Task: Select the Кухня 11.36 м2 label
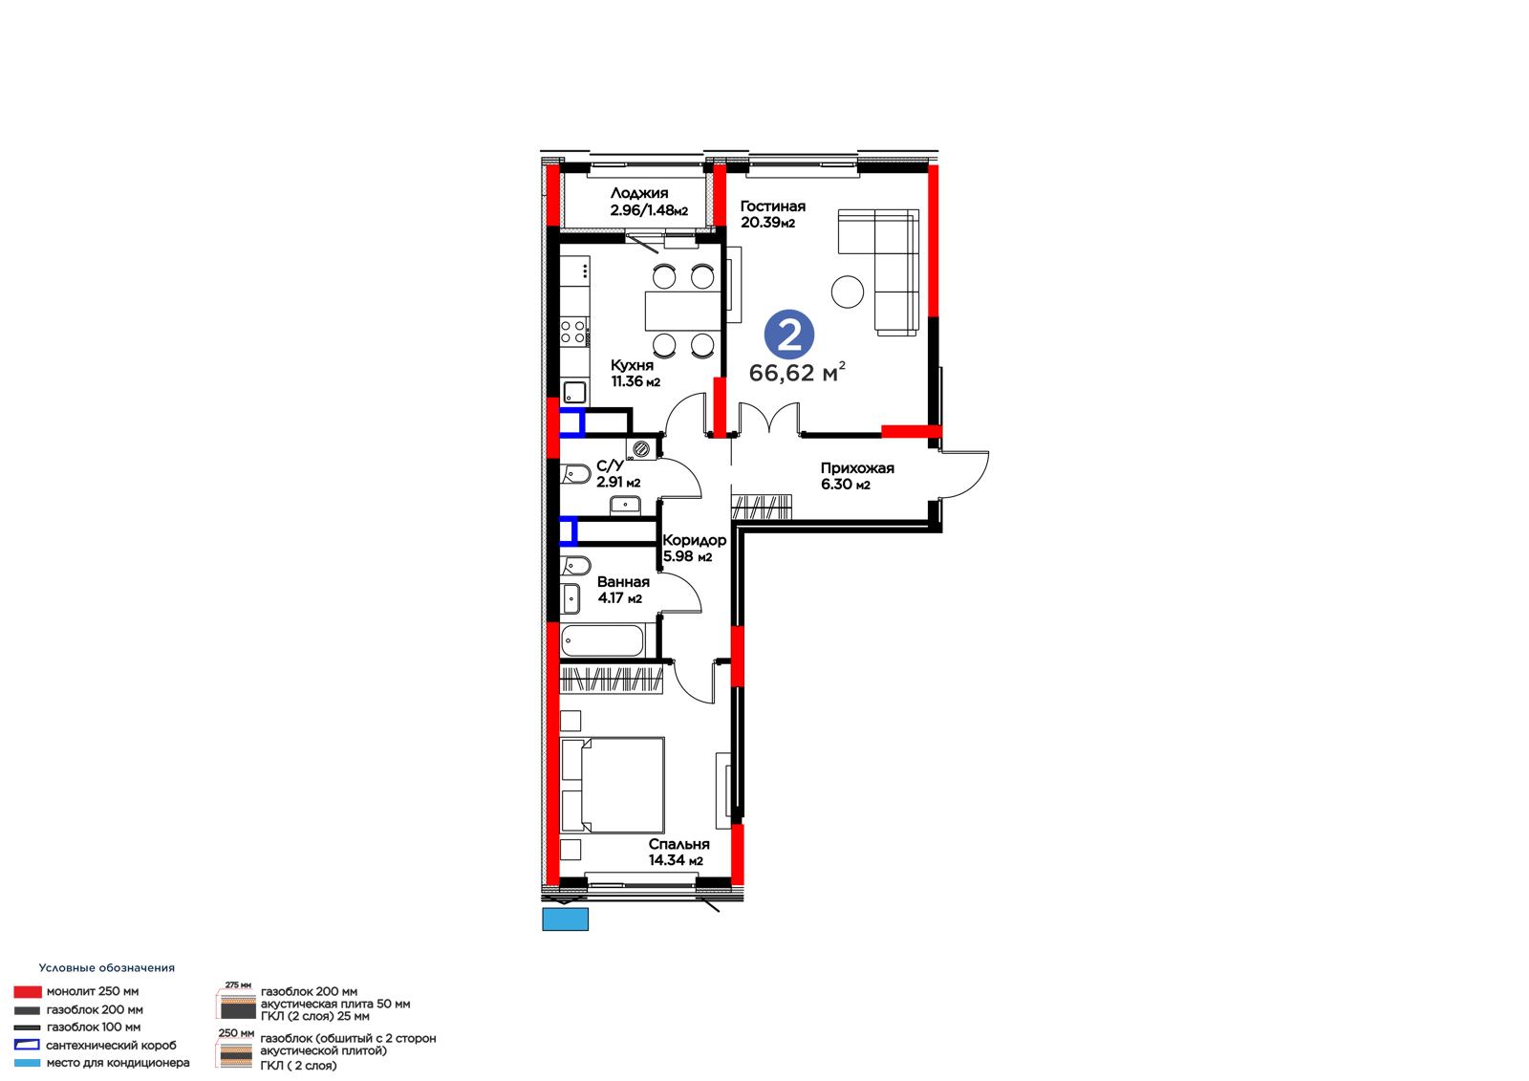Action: click(x=635, y=373)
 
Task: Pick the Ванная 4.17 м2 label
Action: click(x=622, y=590)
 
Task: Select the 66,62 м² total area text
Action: click(x=797, y=372)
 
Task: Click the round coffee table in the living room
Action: click(x=847, y=292)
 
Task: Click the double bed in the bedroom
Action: click(x=613, y=785)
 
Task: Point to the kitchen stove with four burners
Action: click(x=573, y=333)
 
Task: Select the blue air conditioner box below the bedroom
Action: click(x=565, y=919)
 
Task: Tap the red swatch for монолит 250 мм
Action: click(x=28, y=991)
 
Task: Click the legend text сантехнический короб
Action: click(x=111, y=1046)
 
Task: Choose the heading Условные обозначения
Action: click(x=106, y=967)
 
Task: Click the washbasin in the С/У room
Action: click(x=625, y=506)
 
